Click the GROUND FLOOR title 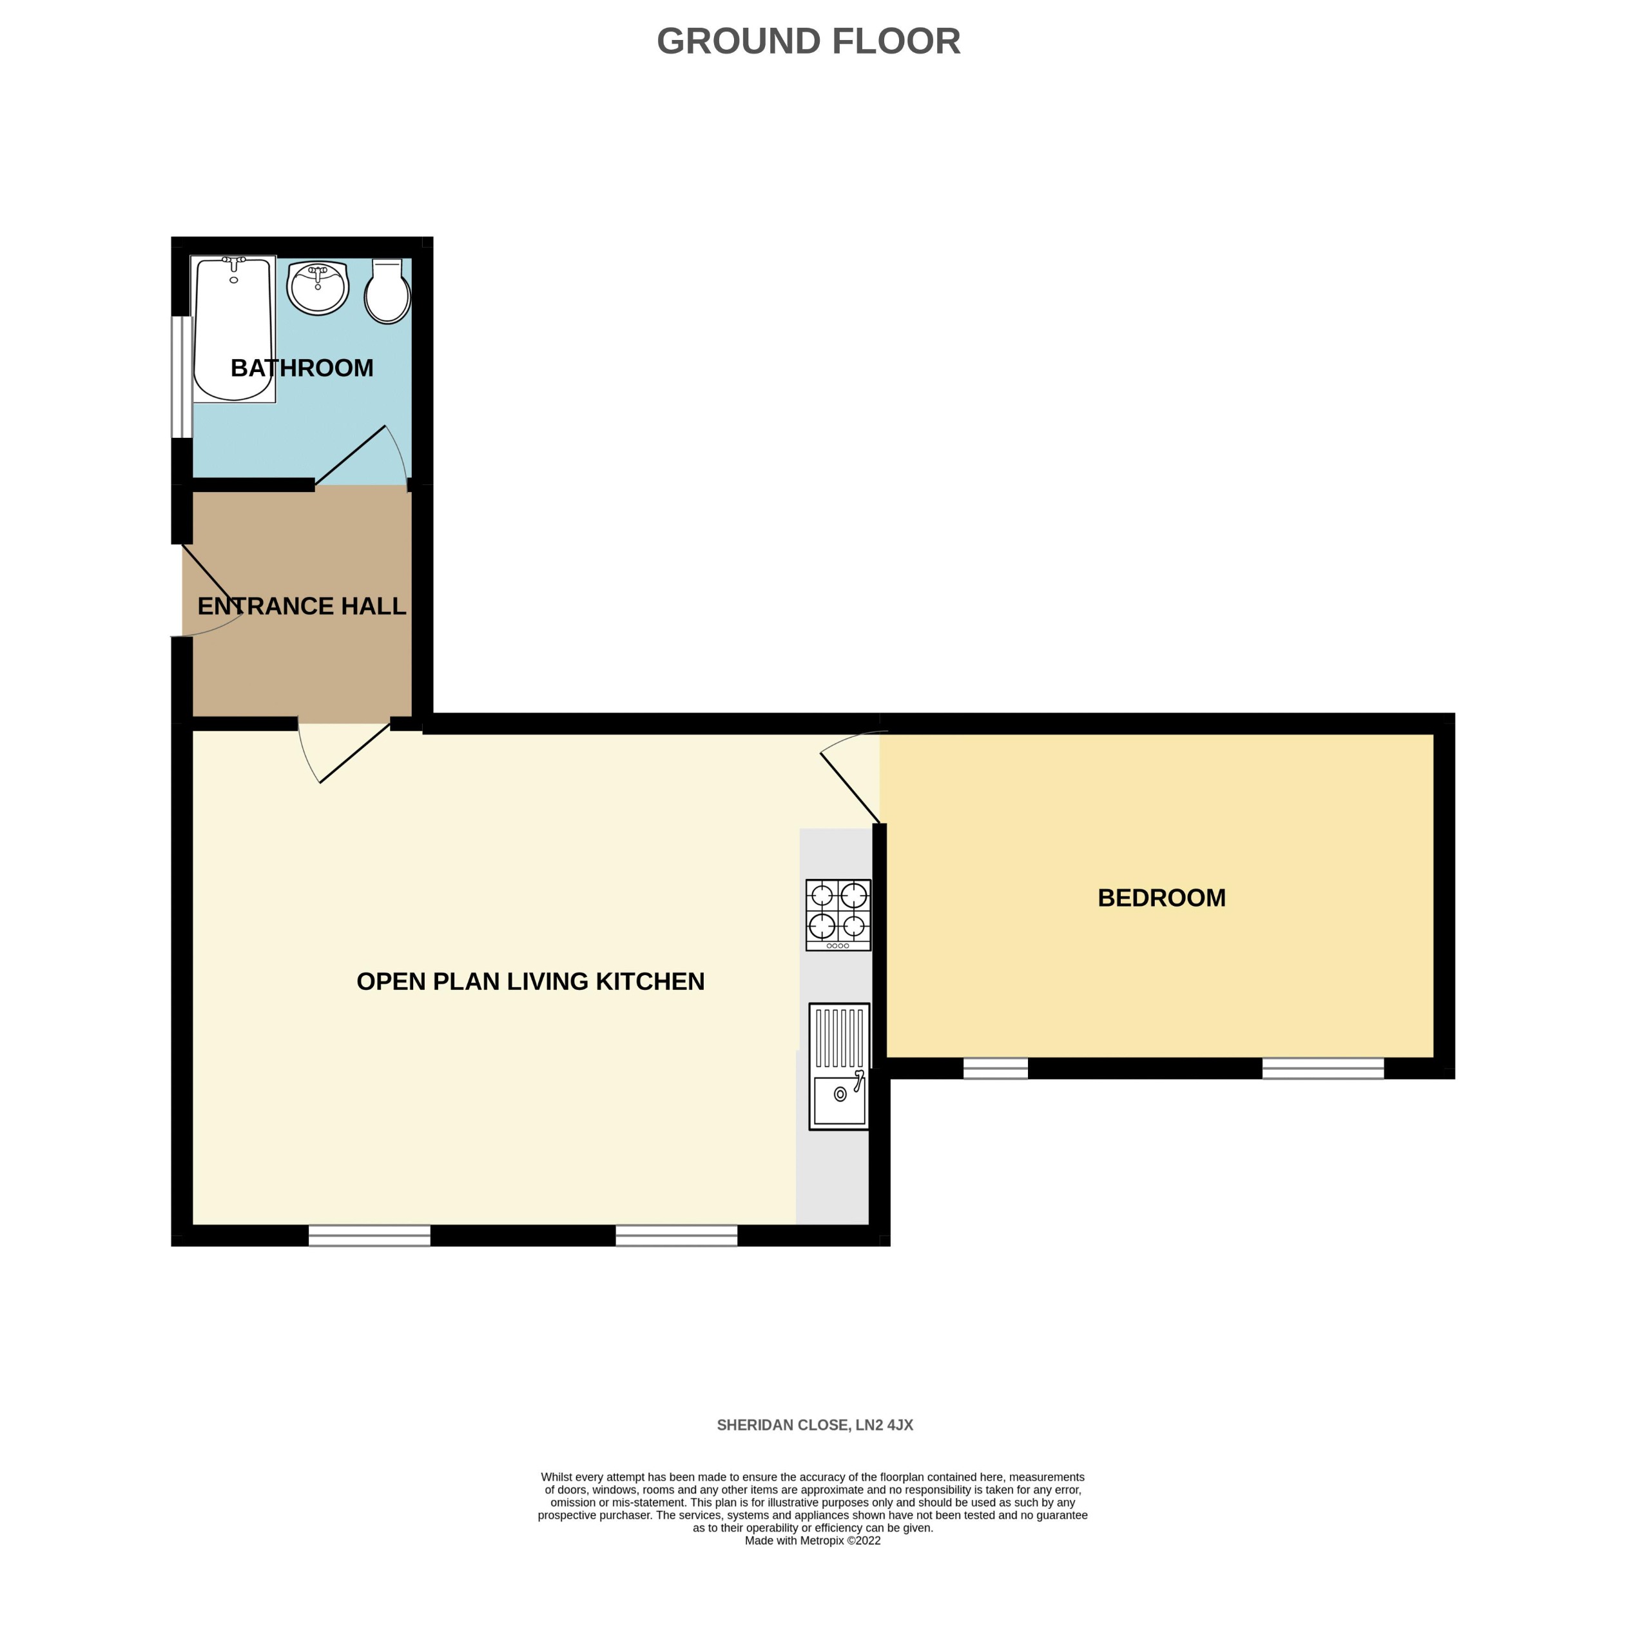click(808, 41)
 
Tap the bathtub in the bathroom click(233, 328)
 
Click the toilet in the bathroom click(387, 291)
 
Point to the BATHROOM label click(302, 368)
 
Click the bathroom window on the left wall click(181, 377)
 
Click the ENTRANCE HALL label click(302, 606)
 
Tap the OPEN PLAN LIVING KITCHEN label click(530, 981)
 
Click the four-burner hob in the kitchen click(838, 915)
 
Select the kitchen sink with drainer click(839, 1066)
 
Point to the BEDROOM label click(1161, 898)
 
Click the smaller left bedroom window click(996, 1068)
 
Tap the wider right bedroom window click(1323, 1068)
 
